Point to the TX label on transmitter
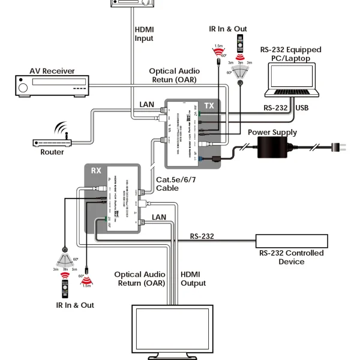pyautogui.click(x=209, y=106)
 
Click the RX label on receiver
pyautogui.click(x=96, y=170)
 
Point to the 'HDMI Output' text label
pyautogui.click(x=194, y=278)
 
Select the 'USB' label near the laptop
pyautogui.click(x=302, y=108)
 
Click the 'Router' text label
pyautogui.click(x=52, y=152)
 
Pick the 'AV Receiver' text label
pyautogui.click(x=52, y=71)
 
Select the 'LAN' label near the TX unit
pyautogui.click(x=147, y=104)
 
